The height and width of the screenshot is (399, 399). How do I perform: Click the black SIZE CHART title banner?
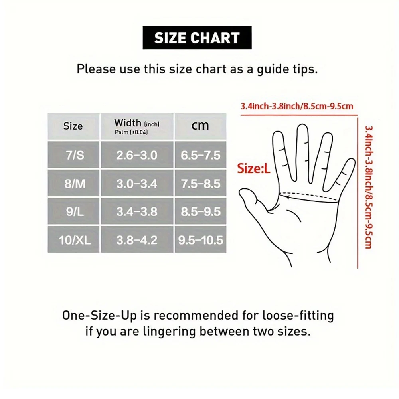coord(197,38)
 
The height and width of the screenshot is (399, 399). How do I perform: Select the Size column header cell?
coord(73,126)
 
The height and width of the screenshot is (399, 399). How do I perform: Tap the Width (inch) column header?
coord(137,126)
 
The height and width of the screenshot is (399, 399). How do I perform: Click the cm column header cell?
coord(200,126)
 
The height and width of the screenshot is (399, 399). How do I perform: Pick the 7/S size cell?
coord(73,155)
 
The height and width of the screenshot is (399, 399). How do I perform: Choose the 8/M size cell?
coord(73,183)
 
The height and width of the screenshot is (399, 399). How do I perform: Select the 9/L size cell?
coord(73,211)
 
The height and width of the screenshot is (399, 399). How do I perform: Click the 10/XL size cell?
coord(73,240)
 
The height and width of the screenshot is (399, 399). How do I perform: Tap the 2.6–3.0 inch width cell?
coord(137,155)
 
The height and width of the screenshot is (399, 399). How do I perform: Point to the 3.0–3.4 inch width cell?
coord(137,183)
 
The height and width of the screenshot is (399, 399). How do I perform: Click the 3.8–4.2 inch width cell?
coord(137,240)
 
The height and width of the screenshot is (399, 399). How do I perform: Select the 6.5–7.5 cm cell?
coord(200,155)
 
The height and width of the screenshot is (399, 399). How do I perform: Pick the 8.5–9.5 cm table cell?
coord(200,211)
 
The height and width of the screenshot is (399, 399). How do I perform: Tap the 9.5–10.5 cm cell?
coord(200,240)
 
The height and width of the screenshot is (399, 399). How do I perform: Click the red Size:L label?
coord(254,168)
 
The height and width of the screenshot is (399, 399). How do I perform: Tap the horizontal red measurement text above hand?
coord(296,107)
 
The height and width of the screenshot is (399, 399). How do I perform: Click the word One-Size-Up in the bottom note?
coord(100,316)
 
